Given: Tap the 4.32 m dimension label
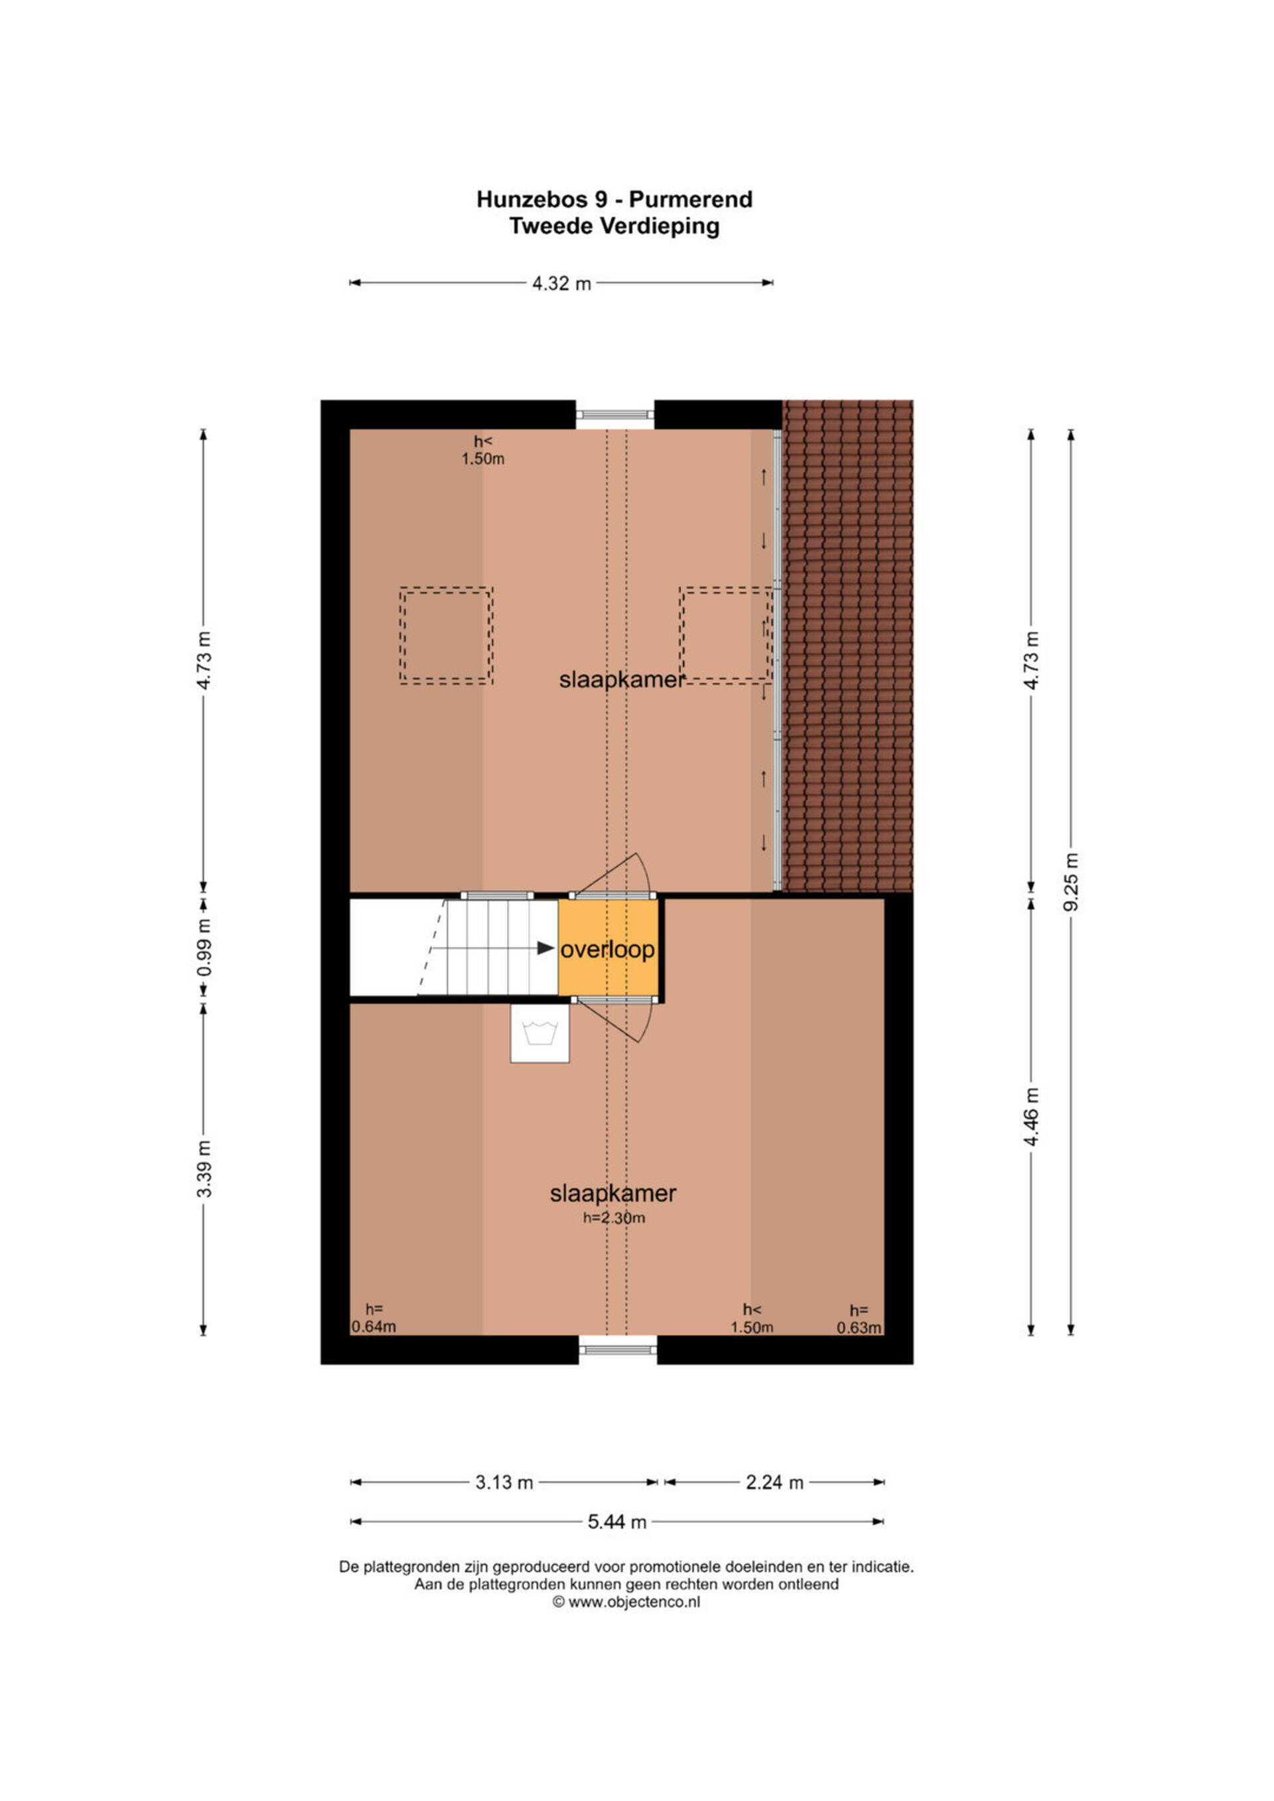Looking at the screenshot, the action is pyautogui.click(x=562, y=283).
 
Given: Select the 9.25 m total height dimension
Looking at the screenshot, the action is pyautogui.click(x=1072, y=883).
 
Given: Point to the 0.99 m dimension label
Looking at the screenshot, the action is pyautogui.click(x=204, y=947).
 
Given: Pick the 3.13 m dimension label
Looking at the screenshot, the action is pyautogui.click(x=504, y=1482).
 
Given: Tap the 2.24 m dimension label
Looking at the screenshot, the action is pyautogui.click(x=775, y=1482).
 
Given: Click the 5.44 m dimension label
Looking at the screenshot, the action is pyautogui.click(x=617, y=1522).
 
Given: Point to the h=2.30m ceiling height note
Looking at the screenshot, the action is pyautogui.click(x=614, y=1218).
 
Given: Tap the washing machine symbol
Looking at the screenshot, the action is pyautogui.click(x=539, y=1034).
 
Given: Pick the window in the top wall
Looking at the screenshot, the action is pyautogui.click(x=615, y=415).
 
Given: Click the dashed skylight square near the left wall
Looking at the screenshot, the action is pyautogui.click(x=447, y=636).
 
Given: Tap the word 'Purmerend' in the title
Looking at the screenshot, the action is pyautogui.click(x=691, y=200).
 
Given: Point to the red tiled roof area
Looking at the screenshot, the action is pyautogui.click(x=849, y=646).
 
